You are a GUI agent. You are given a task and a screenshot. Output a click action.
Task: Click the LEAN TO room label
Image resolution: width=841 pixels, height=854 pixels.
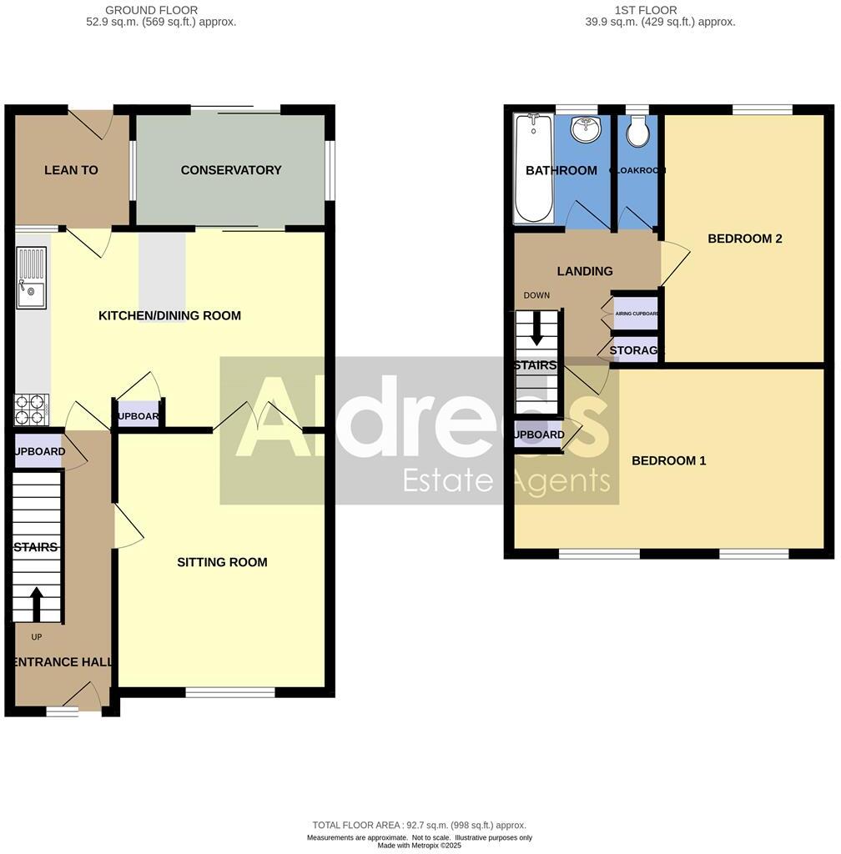point(71,170)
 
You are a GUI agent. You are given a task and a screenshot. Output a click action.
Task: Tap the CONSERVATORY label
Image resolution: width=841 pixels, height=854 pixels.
point(231,170)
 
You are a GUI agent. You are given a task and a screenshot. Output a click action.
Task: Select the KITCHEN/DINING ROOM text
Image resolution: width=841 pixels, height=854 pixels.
point(169,315)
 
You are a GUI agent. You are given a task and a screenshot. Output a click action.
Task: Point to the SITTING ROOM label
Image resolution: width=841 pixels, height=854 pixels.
point(222,562)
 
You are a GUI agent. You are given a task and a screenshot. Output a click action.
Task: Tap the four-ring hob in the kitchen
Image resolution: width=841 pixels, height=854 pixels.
point(32,409)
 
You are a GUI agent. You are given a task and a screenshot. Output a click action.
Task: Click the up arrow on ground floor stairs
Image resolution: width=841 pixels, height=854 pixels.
point(37,604)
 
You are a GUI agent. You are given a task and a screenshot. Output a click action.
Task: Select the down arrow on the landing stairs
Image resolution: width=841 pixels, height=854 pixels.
point(536,329)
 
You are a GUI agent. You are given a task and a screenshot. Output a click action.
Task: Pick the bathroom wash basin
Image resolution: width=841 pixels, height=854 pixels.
point(586,129)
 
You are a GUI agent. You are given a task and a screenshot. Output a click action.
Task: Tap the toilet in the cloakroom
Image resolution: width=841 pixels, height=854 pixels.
point(638,131)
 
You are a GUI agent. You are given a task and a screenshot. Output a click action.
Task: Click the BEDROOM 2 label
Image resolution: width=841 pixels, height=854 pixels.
point(744,239)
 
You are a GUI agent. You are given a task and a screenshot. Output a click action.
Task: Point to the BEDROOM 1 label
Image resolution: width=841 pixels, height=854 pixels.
point(668,460)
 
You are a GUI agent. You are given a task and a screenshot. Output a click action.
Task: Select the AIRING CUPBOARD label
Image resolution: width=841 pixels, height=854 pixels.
point(637,314)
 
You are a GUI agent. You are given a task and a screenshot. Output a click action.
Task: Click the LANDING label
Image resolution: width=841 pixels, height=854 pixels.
point(584,271)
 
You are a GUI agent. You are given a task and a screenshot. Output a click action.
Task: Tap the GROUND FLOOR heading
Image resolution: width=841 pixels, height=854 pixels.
point(151,10)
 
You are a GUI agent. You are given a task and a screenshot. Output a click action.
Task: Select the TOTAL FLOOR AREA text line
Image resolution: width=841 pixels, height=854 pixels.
point(419,825)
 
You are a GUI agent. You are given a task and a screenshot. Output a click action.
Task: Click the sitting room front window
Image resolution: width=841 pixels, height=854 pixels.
point(230,692)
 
